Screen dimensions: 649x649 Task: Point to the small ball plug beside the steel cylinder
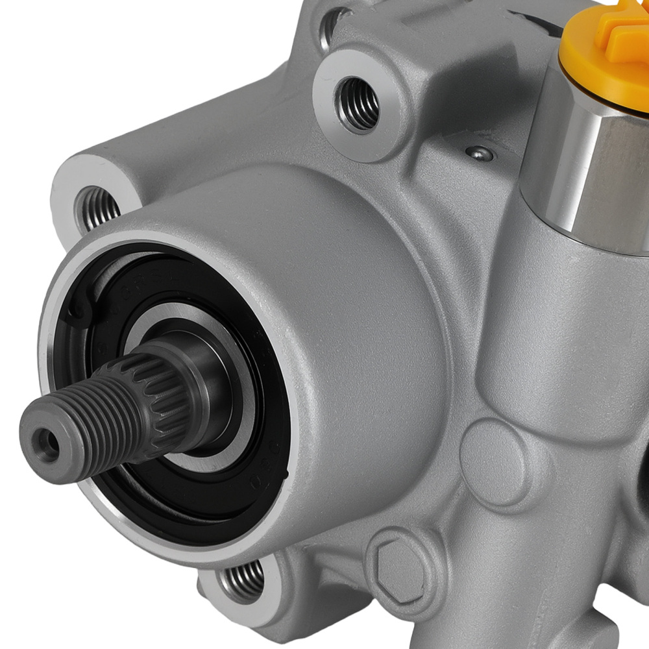coord(478,153)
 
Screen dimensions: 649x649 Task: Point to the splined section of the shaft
coord(159,389)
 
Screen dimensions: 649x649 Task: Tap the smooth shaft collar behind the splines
coord(208,383)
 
